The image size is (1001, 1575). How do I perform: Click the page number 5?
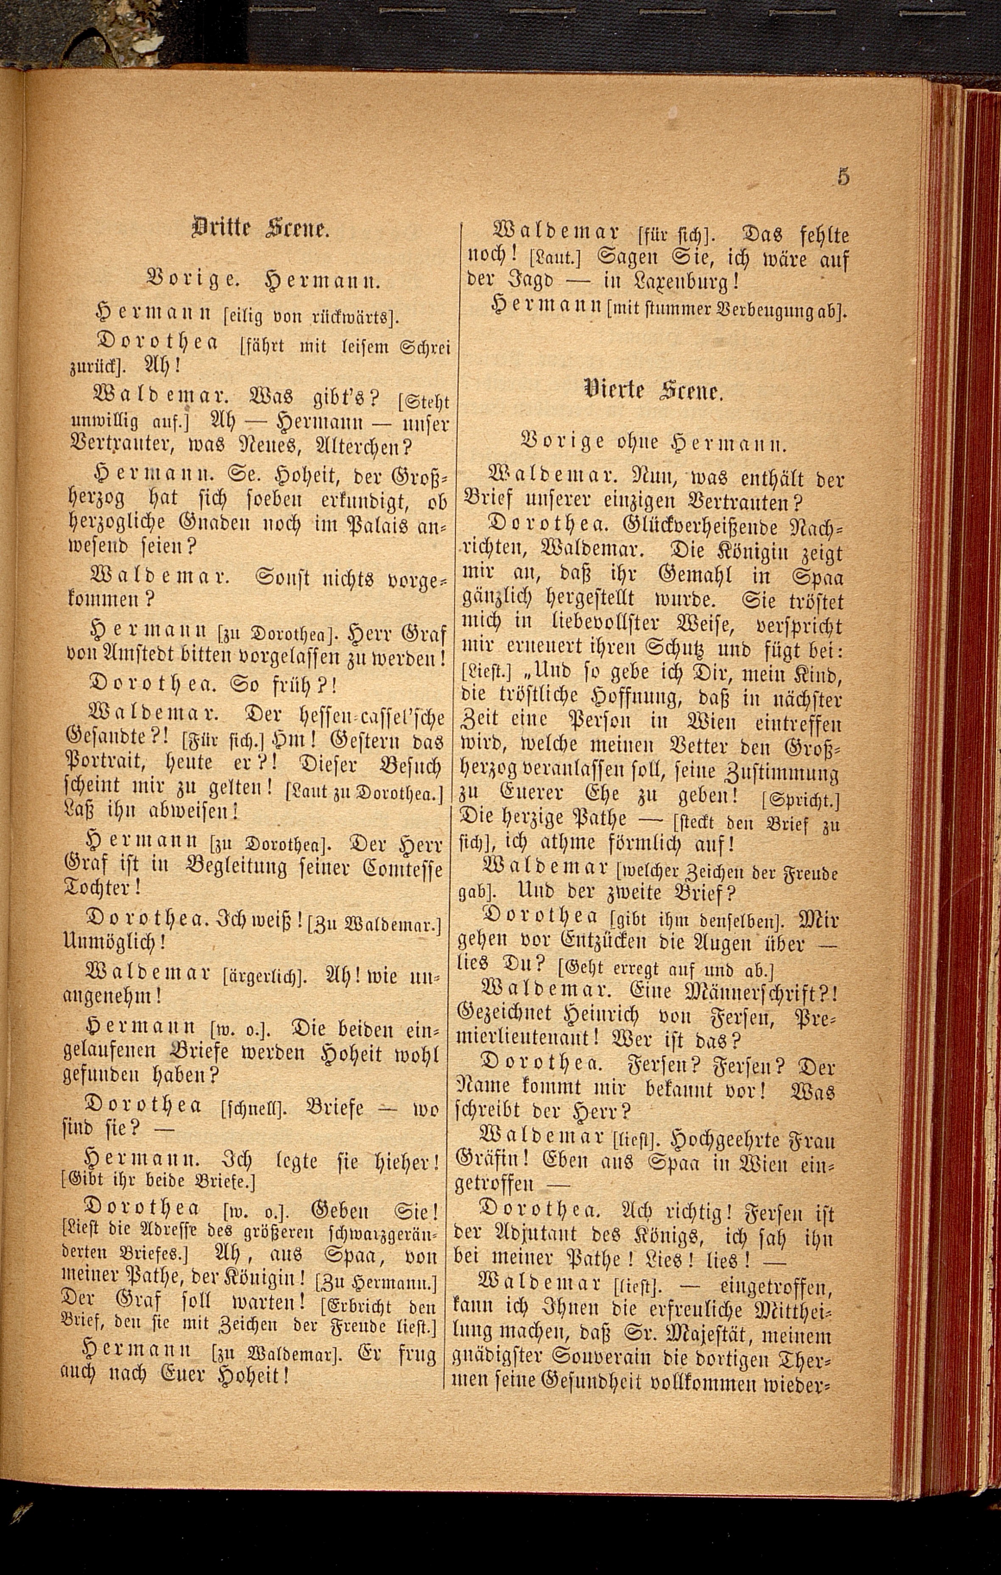coord(843,176)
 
